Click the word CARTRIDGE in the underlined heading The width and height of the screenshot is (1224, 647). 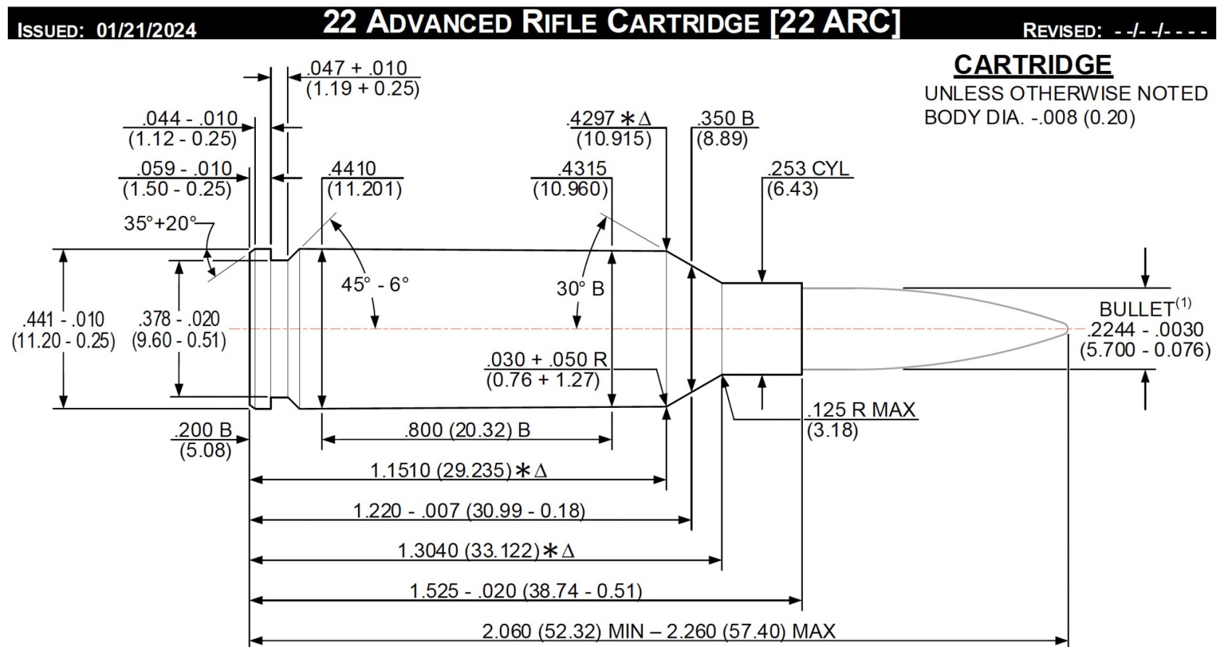tap(1032, 65)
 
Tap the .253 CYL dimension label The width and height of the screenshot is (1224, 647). tap(808, 168)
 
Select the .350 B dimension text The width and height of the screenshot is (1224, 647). tap(726, 118)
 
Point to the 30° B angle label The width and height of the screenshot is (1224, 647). tap(580, 288)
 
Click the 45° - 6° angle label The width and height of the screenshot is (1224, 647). tap(375, 284)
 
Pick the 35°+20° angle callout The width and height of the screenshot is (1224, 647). tap(159, 223)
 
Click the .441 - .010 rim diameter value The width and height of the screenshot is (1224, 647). tap(64, 319)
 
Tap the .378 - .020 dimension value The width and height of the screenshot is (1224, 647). tap(179, 319)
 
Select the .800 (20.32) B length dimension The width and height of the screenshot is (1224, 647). tap(467, 430)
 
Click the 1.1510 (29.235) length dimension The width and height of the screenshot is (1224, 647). tap(442, 470)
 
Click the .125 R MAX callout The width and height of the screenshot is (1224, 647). tap(862, 409)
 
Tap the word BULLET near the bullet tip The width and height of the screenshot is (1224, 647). tap(1136, 309)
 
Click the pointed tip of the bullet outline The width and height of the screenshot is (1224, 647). tap(1067, 328)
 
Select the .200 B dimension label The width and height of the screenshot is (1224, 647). tap(203, 430)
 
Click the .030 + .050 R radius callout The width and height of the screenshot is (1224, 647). tap(546, 359)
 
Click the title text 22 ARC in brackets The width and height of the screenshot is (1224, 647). tap(836, 22)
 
